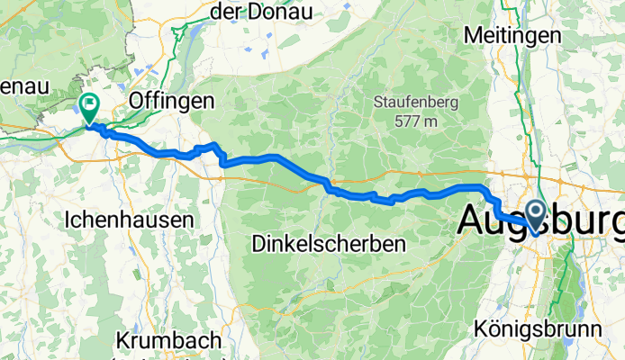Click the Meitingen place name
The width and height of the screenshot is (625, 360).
(x=512, y=34)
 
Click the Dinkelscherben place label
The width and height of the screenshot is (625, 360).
(x=328, y=243)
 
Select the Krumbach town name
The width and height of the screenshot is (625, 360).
(x=169, y=341)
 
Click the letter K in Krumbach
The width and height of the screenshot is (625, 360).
(x=122, y=341)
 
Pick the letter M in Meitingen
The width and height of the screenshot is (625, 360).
(x=472, y=34)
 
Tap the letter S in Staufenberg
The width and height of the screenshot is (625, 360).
(x=378, y=103)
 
